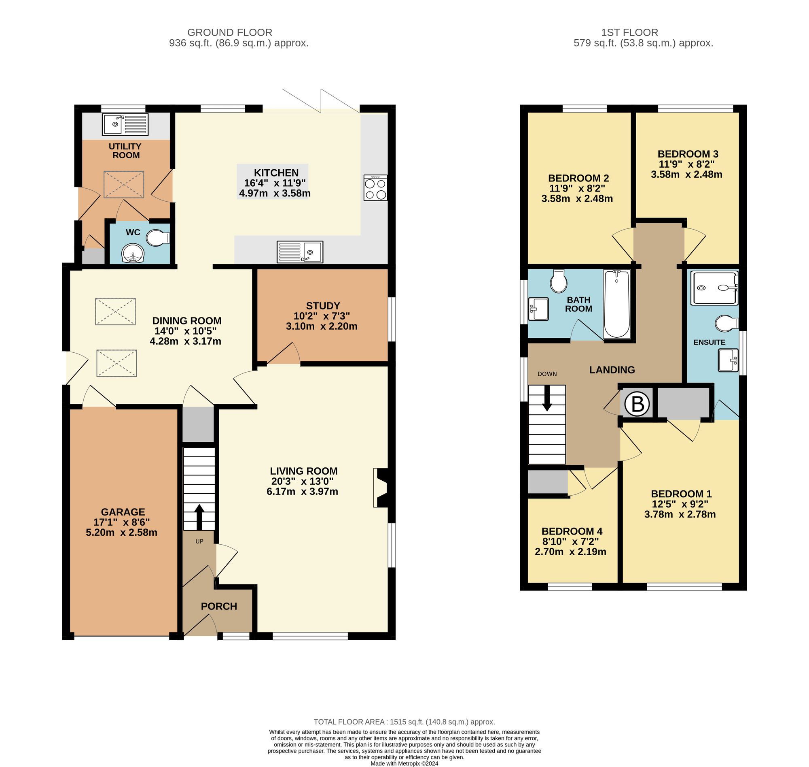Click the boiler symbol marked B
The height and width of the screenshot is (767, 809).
637,404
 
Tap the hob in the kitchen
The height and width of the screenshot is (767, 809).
375,187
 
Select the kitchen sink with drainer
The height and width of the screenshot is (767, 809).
300,251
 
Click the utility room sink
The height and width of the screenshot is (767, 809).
125,125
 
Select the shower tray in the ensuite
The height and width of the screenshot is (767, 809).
714,288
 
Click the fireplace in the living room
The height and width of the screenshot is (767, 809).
381,488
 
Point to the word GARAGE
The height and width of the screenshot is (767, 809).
123,512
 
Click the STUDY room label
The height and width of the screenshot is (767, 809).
323,305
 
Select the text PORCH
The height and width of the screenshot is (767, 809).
219,606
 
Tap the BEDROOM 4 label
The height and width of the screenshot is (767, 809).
571,531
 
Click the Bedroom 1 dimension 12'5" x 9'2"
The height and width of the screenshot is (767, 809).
680,504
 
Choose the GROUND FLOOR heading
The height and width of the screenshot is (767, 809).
229,32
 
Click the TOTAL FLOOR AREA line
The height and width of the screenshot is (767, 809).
404,722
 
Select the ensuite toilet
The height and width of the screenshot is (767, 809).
727,323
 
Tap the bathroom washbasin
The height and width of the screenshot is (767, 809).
538,309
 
